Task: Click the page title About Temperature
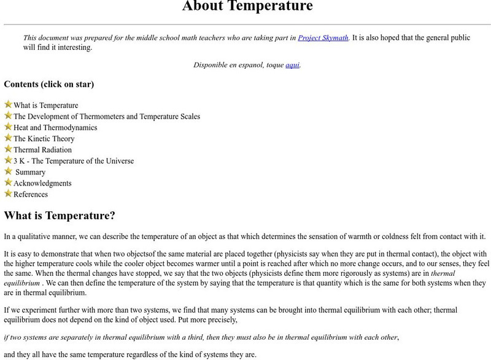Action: coord(247,7)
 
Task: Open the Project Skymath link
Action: coord(323,37)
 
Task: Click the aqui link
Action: coord(292,65)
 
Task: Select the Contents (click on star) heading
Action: coord(49,84)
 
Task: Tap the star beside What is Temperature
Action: coord(8,104)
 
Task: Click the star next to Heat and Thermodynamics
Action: coord(8,127)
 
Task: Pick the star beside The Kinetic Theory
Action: coord(8,138)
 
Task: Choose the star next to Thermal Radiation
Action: coord(8,149)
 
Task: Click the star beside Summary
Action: coord(8,171)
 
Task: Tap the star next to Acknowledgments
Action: coord(8,182)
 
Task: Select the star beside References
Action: coord(8,193)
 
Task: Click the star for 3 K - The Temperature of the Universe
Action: coord(8,160)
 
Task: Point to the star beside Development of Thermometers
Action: coord(8,115)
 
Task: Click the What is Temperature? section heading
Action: coord(60,216)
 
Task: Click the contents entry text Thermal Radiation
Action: coord(42,150)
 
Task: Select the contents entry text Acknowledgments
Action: coord(42,183)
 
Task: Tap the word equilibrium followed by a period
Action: coord(21,284)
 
